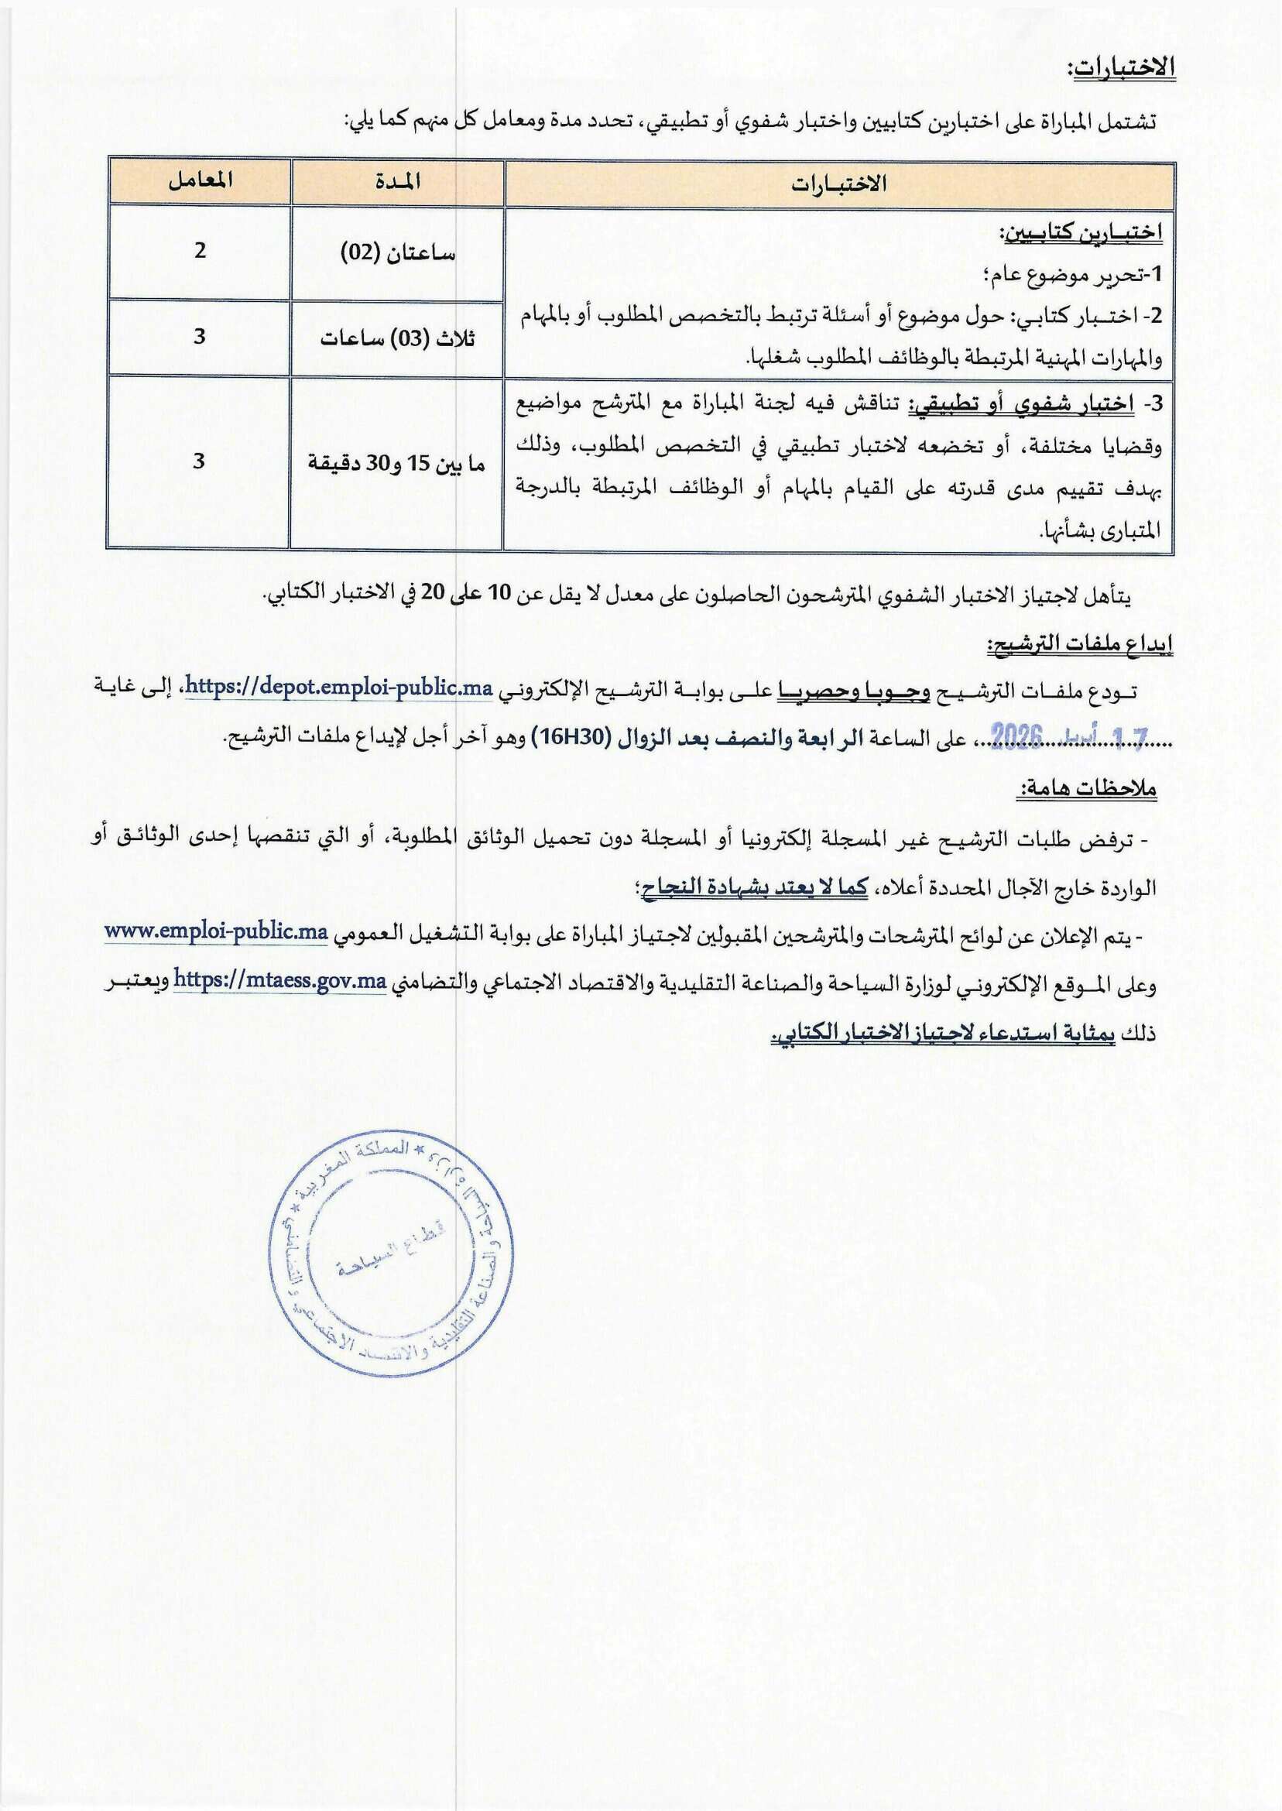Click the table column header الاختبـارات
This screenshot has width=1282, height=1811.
(x=839, y=184)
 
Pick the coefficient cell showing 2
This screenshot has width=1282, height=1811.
(x=200, y=250)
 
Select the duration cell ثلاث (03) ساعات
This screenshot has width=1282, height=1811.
(x=398, y=338)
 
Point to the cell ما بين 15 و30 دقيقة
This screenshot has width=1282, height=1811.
(x=396, y=462)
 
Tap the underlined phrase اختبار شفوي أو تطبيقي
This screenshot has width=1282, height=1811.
(x=1023, y=405)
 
